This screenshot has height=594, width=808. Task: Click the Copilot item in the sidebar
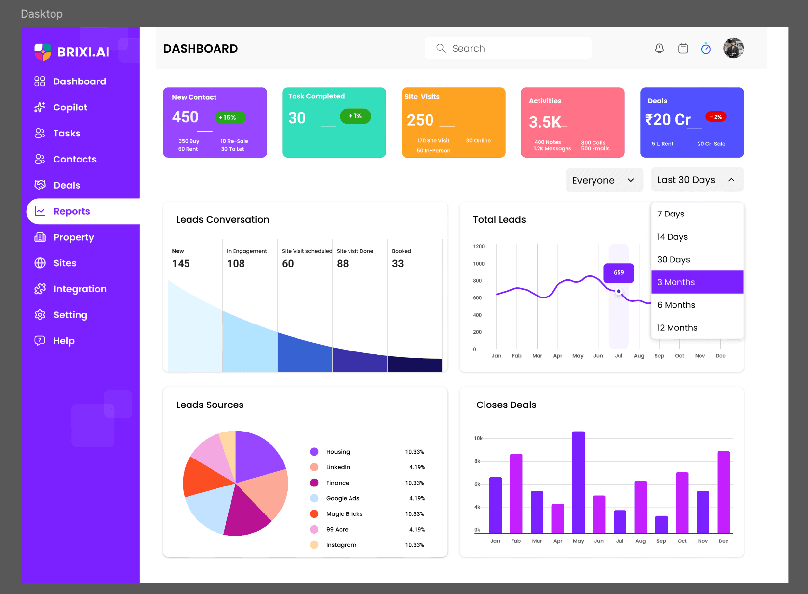tap(70, 108)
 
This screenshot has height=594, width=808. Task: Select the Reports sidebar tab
tap(72, 211)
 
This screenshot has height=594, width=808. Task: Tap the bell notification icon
tap(659, 48)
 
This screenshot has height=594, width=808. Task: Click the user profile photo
tap(733, 48)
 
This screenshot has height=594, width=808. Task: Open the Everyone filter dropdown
tap(604, 180)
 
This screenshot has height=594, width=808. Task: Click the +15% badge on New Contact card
tap(230, 117)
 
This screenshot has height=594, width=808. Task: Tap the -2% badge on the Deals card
tap(716, 117)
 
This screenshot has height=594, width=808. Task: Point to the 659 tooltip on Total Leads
tap(619, 273)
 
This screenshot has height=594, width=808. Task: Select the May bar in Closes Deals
tap(578, 482)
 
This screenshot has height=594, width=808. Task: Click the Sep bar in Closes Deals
tap(661, 524)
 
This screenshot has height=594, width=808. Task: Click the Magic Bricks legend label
tap(344, 514)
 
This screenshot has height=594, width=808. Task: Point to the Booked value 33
tap(398, 264)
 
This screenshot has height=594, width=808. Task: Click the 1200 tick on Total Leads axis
tap(479, 246)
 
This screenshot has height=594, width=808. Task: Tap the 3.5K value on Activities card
tap(544, 122)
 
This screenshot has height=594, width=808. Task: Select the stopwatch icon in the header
tap(706, 48)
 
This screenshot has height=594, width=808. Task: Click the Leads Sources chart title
tap(210, 405)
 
